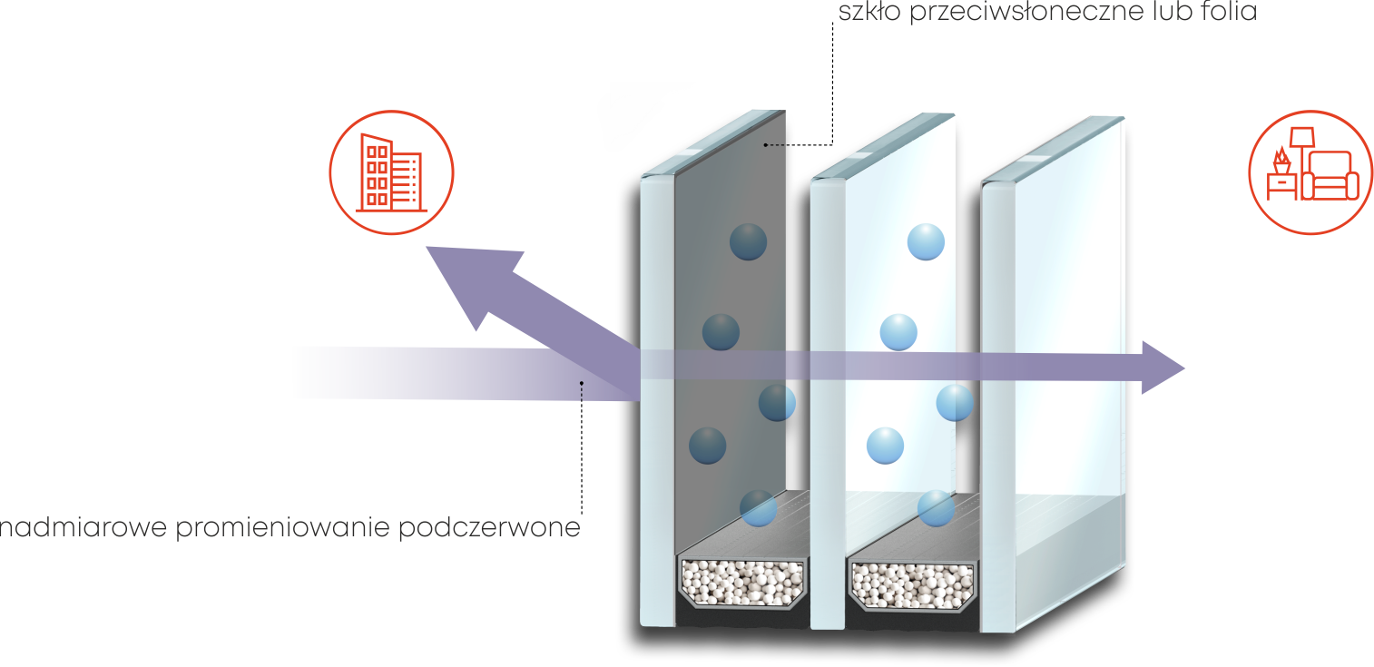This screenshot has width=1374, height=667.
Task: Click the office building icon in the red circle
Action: click(x=391, y=172)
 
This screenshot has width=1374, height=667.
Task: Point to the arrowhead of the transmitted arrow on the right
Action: click(x=1163, y=368)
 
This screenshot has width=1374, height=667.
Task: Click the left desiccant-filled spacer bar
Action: click(x=743, y=581)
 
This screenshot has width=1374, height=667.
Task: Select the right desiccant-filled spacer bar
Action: click(x=911, y=581)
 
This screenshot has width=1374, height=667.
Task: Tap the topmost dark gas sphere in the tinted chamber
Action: click(x=749, y=242)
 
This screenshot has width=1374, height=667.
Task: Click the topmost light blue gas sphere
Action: click(x=927, y=242)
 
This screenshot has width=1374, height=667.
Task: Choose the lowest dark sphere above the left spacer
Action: click(x=757, y=508)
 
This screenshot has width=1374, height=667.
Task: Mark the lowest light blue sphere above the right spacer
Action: click(x=935, y=508)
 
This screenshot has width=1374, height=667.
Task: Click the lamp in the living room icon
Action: click(x=1304, y=145)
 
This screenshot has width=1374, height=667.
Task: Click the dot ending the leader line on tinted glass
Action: click(x=767, y=144)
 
